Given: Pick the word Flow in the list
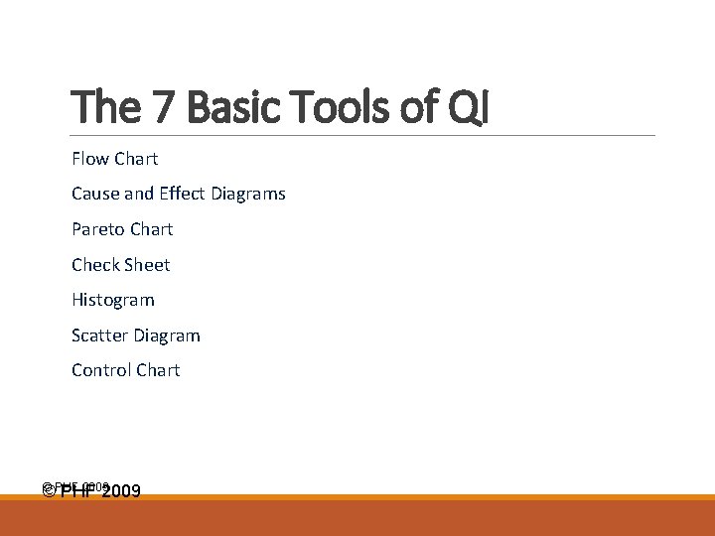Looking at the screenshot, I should [x=90, y=159].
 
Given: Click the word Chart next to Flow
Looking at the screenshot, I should [x=136, y=159].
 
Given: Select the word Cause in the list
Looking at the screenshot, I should [x=95, y=194].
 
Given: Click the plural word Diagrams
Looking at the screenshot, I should [x=248, y=194].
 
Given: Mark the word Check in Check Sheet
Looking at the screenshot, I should [x=95, y=265].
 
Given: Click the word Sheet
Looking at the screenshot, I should [x=147, y=265].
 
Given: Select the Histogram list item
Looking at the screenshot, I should [x=113, y=300].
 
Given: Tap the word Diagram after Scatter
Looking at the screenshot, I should [x=168, y=335].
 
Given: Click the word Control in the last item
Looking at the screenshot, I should [x=100, y=370].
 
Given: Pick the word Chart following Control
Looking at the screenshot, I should [x=158, y=370].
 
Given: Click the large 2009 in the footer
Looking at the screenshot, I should [x=120, y=491].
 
